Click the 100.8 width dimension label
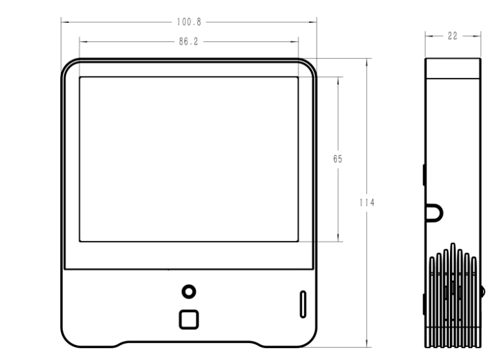point(189,22)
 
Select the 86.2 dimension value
point(189,41)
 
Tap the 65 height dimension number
point(338,159)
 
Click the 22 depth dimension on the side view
point(453,37)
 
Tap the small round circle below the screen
point(189,291)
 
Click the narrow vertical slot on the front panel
point(302,304)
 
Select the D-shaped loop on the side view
point(434,211)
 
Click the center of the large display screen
point(189,159)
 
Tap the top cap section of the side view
point(453,67)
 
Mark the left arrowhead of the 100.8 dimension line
point(64,22)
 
